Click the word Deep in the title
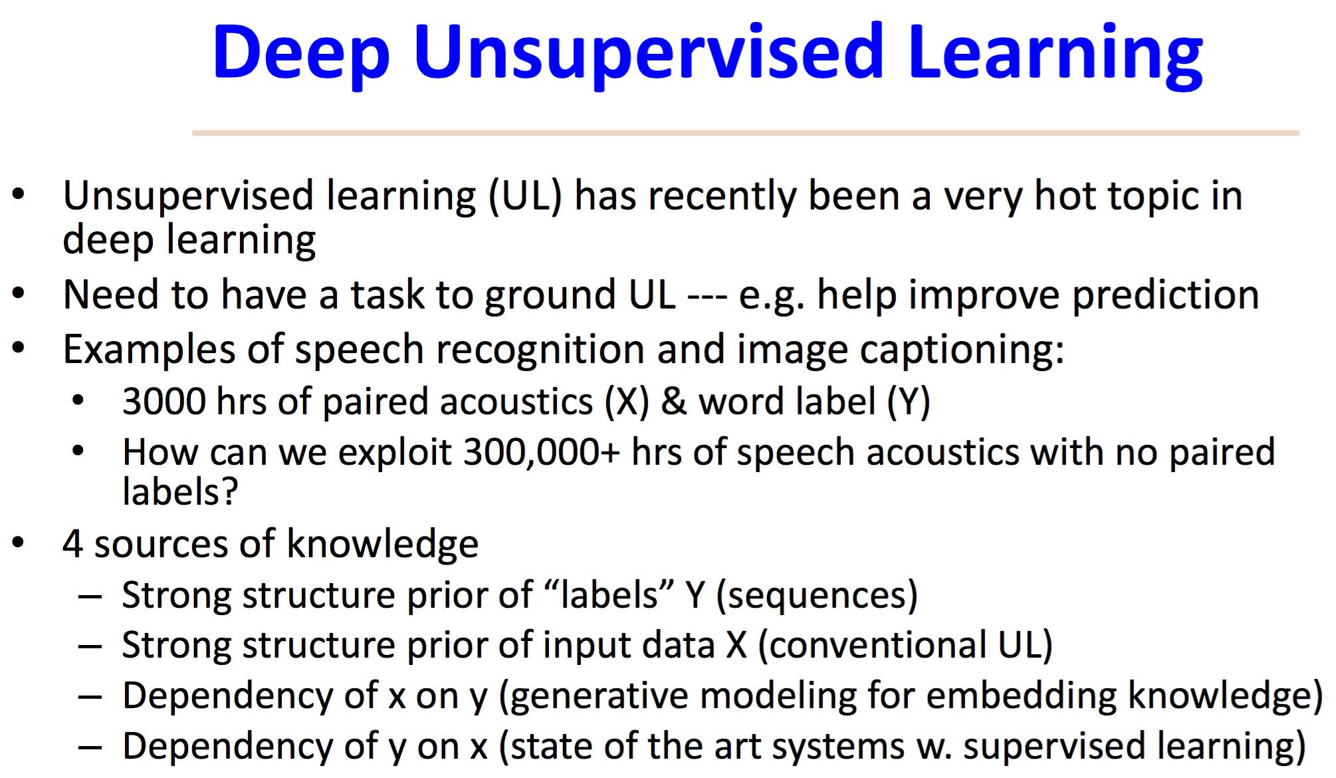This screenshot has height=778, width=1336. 301,53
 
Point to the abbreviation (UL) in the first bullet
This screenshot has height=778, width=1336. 525,196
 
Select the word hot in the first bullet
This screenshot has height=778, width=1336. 1066,196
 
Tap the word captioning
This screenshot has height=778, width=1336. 962,350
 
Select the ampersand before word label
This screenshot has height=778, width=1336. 673,402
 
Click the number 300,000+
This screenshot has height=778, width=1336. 542,452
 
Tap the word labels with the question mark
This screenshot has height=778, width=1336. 180,491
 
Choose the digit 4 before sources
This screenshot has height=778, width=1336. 72,544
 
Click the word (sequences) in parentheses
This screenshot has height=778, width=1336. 817,595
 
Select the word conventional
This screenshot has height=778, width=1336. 872,645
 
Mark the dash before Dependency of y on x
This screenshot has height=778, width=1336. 90,747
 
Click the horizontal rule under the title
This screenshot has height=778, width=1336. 746,133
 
